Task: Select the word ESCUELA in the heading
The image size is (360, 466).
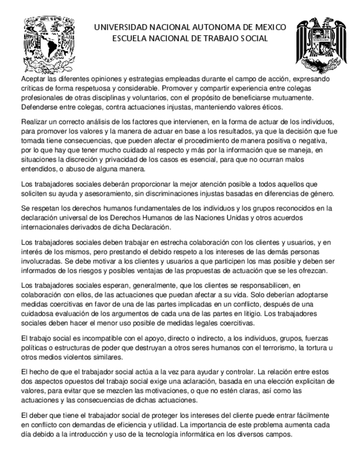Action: (130, 38)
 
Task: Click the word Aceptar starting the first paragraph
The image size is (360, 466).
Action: (32, 80)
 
